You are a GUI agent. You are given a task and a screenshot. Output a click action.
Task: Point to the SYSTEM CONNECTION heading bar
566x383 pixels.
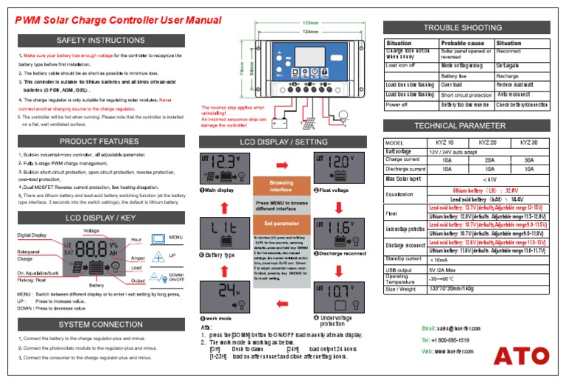[100, 324]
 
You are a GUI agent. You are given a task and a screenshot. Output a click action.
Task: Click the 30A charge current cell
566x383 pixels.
[528, 159]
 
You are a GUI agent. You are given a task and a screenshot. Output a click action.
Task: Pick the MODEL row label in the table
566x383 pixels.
[396, 142]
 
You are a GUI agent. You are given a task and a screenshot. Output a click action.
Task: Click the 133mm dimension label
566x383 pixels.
[311, 23]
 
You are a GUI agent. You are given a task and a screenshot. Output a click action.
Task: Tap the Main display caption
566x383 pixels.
[218, 190]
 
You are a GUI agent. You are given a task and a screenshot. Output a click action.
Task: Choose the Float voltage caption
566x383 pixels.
[333, 190]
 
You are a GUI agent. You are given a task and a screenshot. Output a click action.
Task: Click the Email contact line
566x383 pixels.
[451, 328]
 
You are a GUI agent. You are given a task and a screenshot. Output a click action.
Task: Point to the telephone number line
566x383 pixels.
[446, 339]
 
